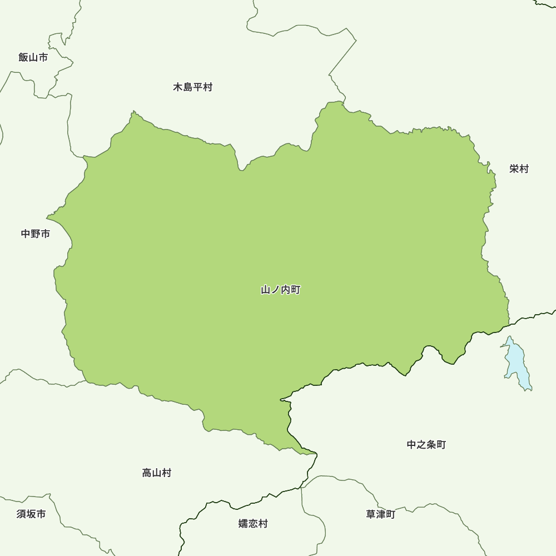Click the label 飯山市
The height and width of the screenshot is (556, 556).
pos(33,57)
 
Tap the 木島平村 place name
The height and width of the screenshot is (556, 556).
pos(192,87)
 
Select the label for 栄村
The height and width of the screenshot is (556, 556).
pos(519,169)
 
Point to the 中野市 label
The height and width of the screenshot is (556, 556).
pos(36,234)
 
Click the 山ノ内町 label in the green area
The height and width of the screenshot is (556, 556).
pos(281,290)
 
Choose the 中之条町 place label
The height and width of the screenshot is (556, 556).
pos(426,445)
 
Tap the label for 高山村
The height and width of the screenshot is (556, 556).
pos(157,473)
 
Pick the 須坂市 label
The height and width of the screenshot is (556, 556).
pos(31,514)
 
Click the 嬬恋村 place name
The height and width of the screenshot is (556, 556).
pos(253,524)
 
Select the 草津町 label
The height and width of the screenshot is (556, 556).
pos(380,514)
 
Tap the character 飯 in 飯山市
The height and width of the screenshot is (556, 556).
pos(23,57)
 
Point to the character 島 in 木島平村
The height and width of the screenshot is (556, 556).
pos(188,87)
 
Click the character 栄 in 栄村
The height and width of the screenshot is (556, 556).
pos(514,169)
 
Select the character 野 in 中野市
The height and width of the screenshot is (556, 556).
pos(36,234)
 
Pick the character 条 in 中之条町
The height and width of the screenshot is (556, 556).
pos(431,445)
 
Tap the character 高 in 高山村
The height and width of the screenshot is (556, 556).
pos(147,473)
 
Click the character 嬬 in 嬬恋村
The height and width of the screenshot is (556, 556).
pos(244,524)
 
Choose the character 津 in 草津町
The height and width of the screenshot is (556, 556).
pos(380,514)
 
